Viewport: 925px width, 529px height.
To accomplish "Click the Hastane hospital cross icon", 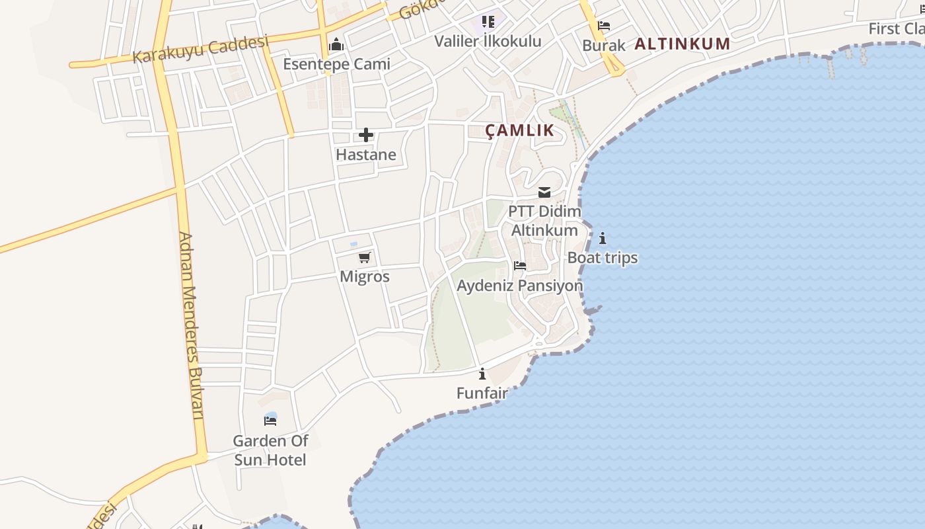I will (x=365, y=136).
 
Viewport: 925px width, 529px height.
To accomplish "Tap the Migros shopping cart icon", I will (x=365, y=257).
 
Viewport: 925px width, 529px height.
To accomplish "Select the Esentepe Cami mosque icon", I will (x=336, y=45).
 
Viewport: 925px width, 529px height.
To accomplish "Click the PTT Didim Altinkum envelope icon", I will (x=544, y=192).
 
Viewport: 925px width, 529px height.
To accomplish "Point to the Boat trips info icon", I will (x=602, y=238).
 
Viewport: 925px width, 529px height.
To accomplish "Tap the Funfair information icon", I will (x=482, y=374).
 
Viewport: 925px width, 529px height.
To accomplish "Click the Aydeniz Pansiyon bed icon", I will (x=520, y=266).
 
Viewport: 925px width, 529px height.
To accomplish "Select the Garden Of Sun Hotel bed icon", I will (x=270, y=420).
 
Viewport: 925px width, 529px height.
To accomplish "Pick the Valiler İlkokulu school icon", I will (x=488, y=22).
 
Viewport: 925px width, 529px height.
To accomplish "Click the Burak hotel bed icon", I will (x=603, y=26).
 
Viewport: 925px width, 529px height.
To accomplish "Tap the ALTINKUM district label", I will (x=683, y=44).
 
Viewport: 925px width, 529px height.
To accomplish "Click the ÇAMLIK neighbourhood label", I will (x=520, y=130).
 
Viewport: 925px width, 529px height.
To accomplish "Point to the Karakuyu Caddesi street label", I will (x=201, y=50).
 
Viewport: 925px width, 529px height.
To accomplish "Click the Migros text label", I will (x=365, y=276).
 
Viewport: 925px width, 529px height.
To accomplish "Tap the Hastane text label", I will (x=366, y=155).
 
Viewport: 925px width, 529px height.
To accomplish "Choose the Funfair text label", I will (x=482, y=393).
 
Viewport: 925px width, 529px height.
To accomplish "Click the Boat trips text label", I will (x=603, y=258).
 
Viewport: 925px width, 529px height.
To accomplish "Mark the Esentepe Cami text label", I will (x=336, y=64).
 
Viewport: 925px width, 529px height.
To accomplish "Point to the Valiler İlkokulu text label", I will (x=488, y=41).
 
